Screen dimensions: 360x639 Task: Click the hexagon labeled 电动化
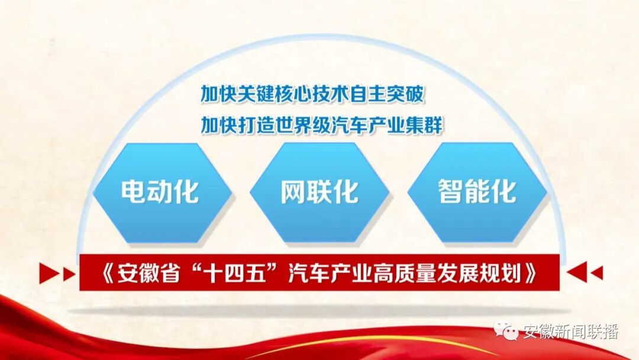pyautogui.click(x=160, y=191)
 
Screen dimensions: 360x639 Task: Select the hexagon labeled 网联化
pyautogui.click(x=319, y=191)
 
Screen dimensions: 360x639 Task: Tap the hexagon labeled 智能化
pyautogui.click(x=477, y=191)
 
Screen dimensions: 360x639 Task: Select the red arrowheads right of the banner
pyautogui.click(x=585, y=273)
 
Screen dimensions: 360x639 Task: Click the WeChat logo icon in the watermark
pyautogui.click(x=507, y=332)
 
